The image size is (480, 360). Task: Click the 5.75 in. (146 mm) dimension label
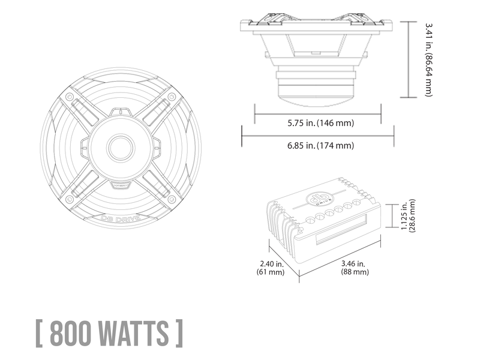(320, 123)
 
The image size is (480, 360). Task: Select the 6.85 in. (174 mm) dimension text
(320, 145)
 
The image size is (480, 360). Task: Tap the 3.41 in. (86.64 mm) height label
(429, 59)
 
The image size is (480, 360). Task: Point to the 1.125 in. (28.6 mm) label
(409, 215)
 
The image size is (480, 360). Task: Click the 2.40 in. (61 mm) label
(271, 268)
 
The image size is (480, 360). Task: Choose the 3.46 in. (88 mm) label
(355, 268)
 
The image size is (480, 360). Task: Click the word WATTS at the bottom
(134, 333)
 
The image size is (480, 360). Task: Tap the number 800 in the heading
(70, 333)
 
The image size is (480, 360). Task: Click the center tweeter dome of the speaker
(121, 148)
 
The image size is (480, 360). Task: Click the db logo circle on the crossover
(319, 200)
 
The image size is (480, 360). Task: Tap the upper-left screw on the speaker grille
(70, 97)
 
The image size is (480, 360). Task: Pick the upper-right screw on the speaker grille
(172, 97)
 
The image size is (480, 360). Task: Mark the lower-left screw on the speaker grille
(70, 199)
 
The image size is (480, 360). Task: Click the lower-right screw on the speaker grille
(172, 199)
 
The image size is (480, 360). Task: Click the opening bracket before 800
(39, 333)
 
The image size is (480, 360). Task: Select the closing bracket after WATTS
(179, 333)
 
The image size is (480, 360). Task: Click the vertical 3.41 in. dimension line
(409, 59)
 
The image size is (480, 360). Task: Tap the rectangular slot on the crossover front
(341, 229)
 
